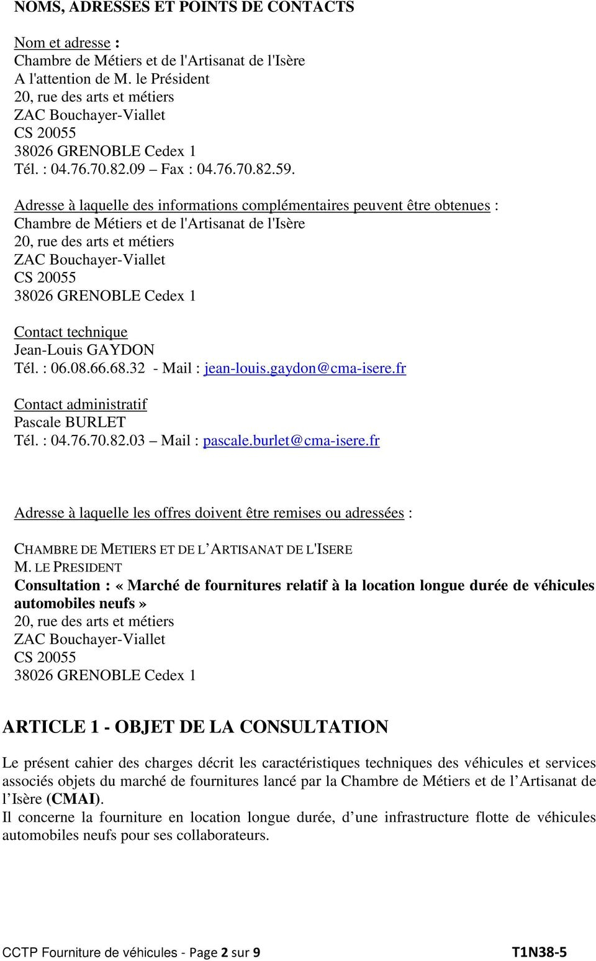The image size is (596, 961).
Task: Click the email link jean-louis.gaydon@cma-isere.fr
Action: pos(305,368)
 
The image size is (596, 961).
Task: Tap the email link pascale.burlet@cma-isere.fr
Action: pos(291,440)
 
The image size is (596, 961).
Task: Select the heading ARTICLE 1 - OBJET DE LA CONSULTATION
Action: pos(196,727)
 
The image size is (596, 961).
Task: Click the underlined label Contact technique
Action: pos(71,332)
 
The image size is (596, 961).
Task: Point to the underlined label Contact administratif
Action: pos(81,404)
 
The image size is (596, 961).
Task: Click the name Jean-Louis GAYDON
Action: pos(84,350)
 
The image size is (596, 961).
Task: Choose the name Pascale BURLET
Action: pos(70,422)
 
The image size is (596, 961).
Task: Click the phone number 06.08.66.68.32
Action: pos(98,368)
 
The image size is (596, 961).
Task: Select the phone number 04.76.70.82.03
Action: pos(98,440)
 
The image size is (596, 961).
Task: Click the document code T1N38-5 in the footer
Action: pos(539,952)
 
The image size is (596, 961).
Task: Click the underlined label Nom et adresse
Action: pos(63,43)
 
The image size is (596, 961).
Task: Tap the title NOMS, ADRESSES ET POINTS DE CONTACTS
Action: pos(184,7)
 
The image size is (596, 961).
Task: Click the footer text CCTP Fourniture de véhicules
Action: pos(90,952)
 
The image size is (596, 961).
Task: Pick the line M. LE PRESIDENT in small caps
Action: pos(68,567)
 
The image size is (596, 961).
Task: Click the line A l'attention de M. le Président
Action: pos(112,79)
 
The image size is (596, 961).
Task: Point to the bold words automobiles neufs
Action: pos(74,603)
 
